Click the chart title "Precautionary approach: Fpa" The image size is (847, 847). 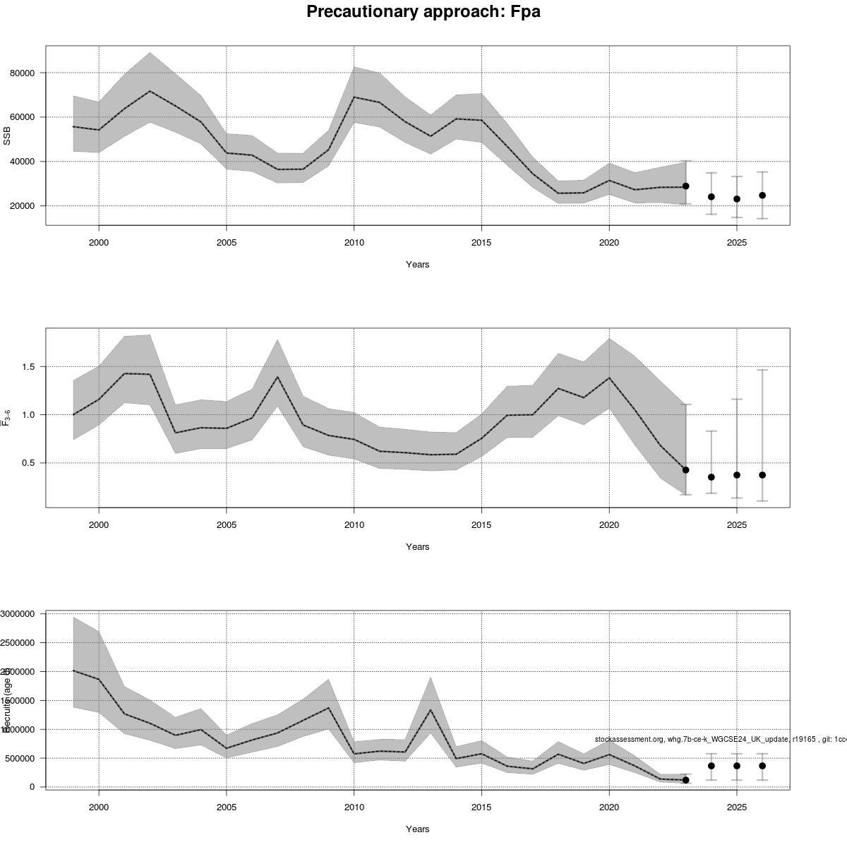pyautogui.click(x=423, y=12)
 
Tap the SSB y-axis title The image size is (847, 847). pyautogui.click(x=8, y=136)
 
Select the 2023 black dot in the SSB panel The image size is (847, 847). pyautogui.click(x=685, y=186)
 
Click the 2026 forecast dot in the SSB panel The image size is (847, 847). pyautogui.click(x=762, y=196)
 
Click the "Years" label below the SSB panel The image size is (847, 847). pyautogui.click(x=417, y=265)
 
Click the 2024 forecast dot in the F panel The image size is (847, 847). pyautogui.click(x=711, y=477)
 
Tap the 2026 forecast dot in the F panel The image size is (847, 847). pyautogui.click(x=762, y=475)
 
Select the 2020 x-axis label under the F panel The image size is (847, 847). pyautogui.click(x=609, y=525)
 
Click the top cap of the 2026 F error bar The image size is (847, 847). pyautogui.click(x=762, y=370)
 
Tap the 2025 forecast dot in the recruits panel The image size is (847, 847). pyautogui.click(x=737, y=766)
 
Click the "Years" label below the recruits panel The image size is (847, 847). pyautogui.click(x=417, y=829)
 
